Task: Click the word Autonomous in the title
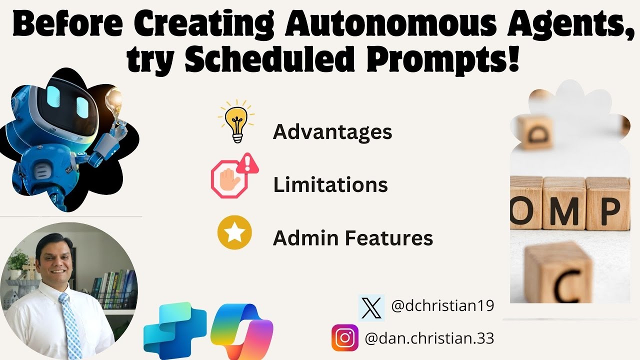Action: [375, 24]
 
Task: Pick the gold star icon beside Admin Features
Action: [234, 232]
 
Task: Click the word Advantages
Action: [332, 132]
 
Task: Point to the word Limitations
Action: [330, 185]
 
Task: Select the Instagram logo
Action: [344, 337]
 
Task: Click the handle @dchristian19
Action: [442, 306]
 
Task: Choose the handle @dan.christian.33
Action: [429, 338]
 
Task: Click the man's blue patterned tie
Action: [70, 325]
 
